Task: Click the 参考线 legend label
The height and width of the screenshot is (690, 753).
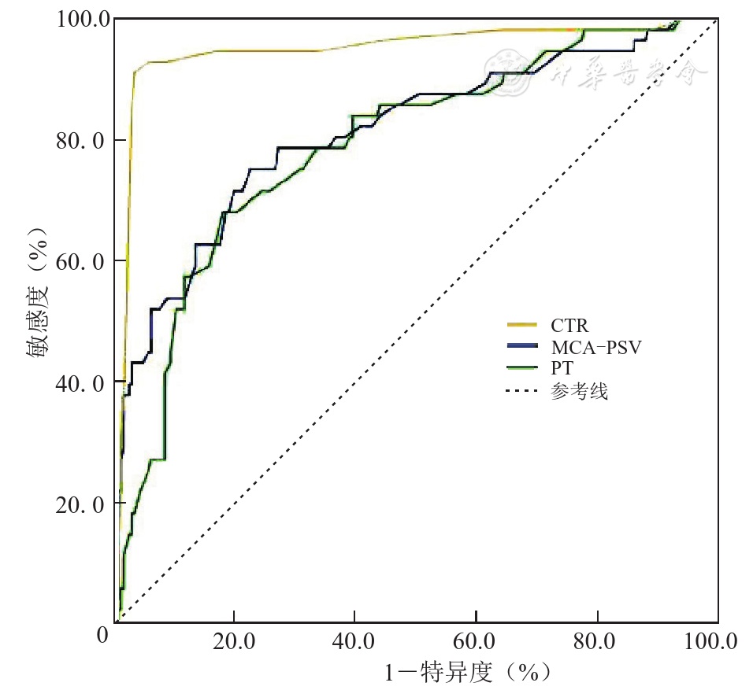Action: [581, 390]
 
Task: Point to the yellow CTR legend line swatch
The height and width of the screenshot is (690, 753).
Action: [521, 324]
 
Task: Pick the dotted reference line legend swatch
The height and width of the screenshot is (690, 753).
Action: [521, 390]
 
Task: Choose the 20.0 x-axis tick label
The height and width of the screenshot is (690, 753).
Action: [234, 641]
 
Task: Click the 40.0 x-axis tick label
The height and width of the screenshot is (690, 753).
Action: [354, 641]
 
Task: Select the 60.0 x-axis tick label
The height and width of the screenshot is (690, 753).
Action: [475, 641]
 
